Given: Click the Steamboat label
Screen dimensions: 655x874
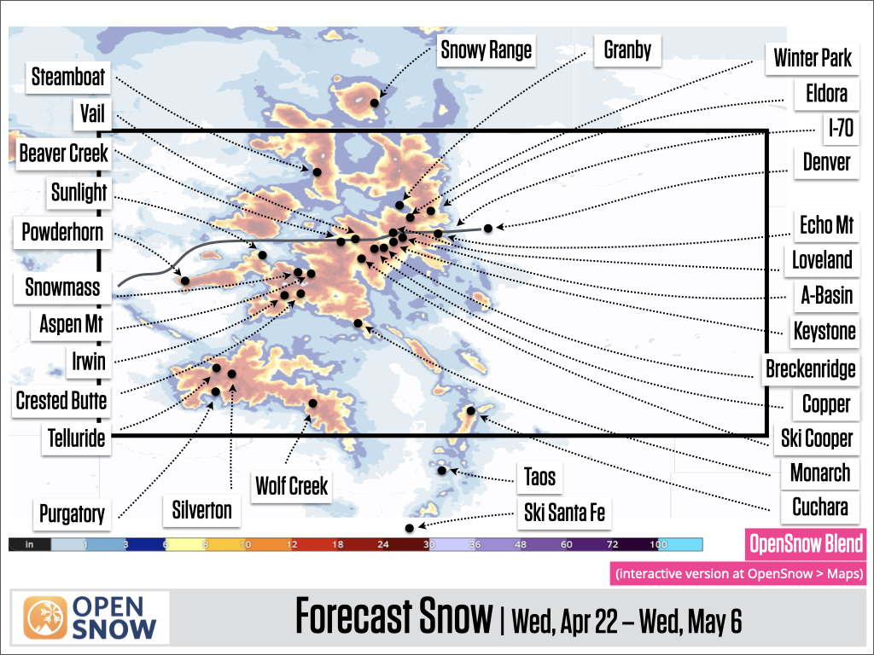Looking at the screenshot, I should pyautogui.click(x=68, y=77).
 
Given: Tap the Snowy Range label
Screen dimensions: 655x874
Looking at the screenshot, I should pyautogui.click(x=486, y=50).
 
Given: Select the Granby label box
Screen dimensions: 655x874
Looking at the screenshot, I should pyautogui.click(x=627, y=50).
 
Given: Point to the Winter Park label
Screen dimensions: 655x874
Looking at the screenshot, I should pyautogui.click(x=813, y=58).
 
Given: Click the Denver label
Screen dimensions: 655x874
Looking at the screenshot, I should pyautogui.click(x=827, y=161).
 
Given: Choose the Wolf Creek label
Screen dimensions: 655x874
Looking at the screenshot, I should pyautogui.click(x=292, y=486).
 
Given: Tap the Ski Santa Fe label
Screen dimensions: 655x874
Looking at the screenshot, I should pyautogui.click(x=564, y=513).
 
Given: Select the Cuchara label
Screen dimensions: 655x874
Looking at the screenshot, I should pyautogui.click(x=819, y=507).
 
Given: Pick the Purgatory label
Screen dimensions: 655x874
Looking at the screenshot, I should pyautogui.click(x=72, y=513).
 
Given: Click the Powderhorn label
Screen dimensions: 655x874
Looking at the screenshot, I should pyautogui.click(x=63, y=232).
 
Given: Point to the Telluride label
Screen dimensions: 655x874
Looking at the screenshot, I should pyautogui.click(x=77, y=438).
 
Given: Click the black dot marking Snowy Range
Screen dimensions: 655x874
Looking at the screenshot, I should pyautogui.click(x=374, y=102).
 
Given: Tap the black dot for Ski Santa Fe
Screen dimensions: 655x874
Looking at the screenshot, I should pyautogui.click(x=410, y=529).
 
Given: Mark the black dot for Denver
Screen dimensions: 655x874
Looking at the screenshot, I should pyautogui.click(x=488, y=228).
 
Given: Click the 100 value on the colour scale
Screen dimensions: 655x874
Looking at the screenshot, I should pyautogui.click(x=657, y=543).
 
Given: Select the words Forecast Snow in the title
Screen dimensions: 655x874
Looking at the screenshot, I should pyautogui.click(x=394, y=617).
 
